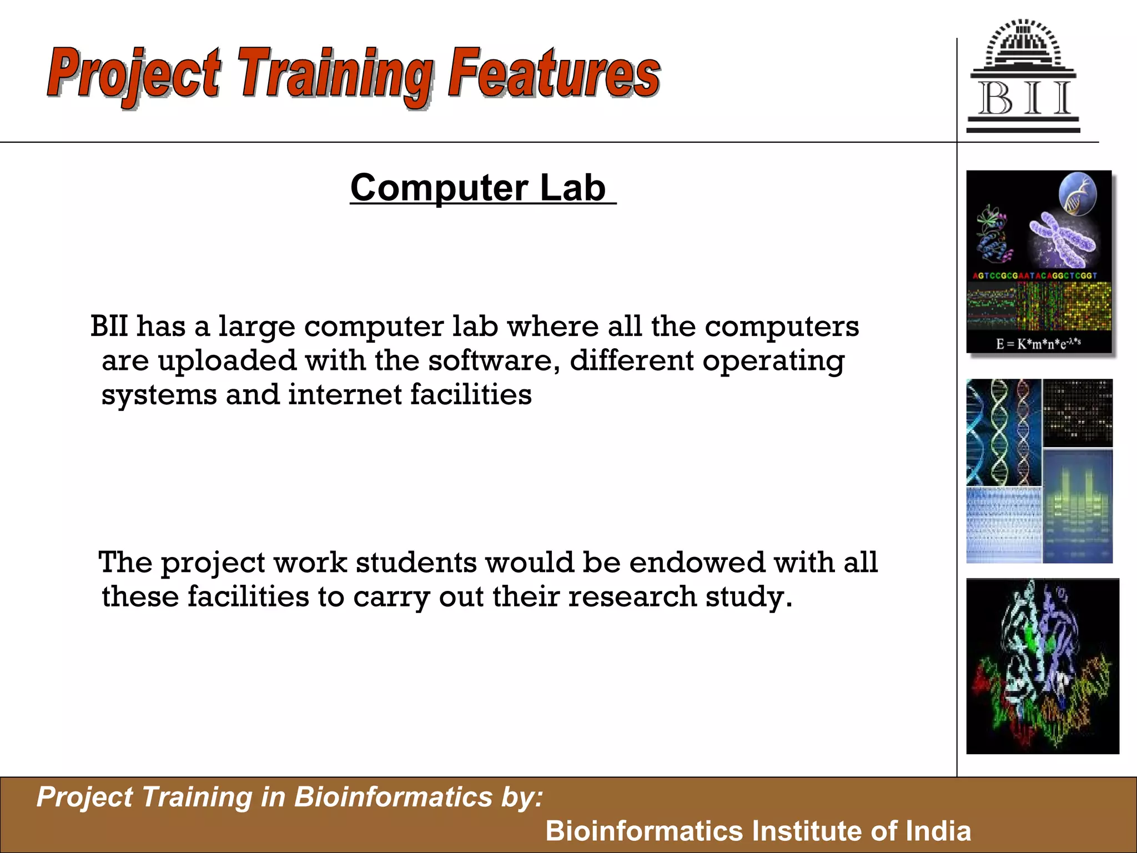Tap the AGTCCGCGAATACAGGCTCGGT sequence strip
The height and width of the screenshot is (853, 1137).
[x=1035, y=275]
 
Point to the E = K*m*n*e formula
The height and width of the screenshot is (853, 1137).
[x=1038, y=344]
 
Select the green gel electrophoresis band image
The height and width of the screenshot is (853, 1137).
[x=1077, y=506]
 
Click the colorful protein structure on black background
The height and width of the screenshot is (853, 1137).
[x=1042, y=666]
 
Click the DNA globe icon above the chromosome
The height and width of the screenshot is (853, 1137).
[x=1078, y=192]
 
